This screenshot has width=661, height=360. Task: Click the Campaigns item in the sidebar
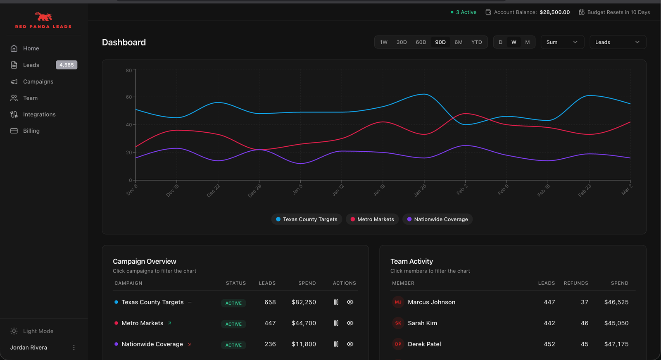[38, 81]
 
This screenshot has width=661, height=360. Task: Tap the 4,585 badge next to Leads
[67, 65]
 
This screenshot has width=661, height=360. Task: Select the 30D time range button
[402, 42]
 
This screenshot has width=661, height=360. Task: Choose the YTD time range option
[476, 42]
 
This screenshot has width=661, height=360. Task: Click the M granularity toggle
[527, 42]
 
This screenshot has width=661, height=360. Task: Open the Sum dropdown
[562, 42]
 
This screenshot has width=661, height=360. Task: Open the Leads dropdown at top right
[617, 42]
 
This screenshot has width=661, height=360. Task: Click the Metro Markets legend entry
[372, 219]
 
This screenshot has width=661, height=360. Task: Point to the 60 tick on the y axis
[129, 97]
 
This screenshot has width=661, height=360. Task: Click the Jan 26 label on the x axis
[420, 190]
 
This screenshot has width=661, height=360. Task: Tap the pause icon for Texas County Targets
[336, 302]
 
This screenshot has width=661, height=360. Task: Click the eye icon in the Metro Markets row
[350, 323]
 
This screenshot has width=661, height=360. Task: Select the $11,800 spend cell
[304, 344]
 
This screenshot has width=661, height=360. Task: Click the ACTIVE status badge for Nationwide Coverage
[233, 345]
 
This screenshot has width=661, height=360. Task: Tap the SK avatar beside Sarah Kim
[398, 323]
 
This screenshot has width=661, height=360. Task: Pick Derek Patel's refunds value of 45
[584, 344]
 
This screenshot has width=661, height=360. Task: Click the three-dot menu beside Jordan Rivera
[74, 348]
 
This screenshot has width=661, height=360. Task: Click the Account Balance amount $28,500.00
[554, 12]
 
